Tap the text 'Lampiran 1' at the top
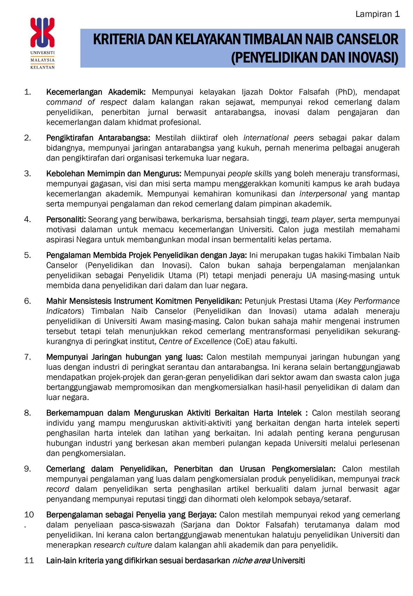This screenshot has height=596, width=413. [x=377, y=14]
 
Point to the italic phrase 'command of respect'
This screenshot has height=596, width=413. [x=87, y=102]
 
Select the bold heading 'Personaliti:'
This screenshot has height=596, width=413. [x=66, y=219]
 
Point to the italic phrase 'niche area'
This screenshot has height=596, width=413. [x=251, y=560]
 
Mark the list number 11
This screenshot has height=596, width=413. [x=29, y=560]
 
